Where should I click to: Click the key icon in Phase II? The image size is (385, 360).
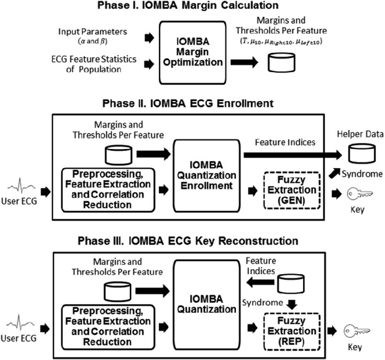[359, 193]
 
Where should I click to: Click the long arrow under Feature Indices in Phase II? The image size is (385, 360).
[289, 154]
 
